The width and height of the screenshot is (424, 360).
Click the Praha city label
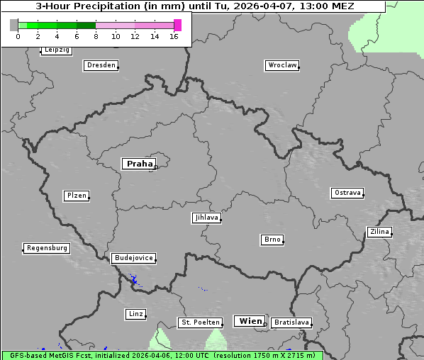140,164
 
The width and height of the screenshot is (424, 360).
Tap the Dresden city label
101,65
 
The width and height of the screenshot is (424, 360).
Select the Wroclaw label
282,65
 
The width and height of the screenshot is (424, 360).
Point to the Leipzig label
57,50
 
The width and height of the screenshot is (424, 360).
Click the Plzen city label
76,196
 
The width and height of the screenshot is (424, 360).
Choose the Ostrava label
347,193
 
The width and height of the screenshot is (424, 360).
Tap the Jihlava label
206,218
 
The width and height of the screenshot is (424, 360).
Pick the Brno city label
272,240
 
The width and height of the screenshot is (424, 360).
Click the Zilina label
379,232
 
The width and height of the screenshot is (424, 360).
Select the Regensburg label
47,248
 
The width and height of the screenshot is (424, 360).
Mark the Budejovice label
133,258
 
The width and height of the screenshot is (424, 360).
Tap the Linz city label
135,313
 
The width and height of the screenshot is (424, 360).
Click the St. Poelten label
201,322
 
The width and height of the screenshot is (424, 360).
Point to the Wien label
250,321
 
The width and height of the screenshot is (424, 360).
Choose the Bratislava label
291,322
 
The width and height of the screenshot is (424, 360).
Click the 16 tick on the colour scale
174,36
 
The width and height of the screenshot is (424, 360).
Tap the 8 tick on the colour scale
96,36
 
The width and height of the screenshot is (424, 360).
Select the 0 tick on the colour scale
18,36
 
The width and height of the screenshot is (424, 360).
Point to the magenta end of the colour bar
177,25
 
